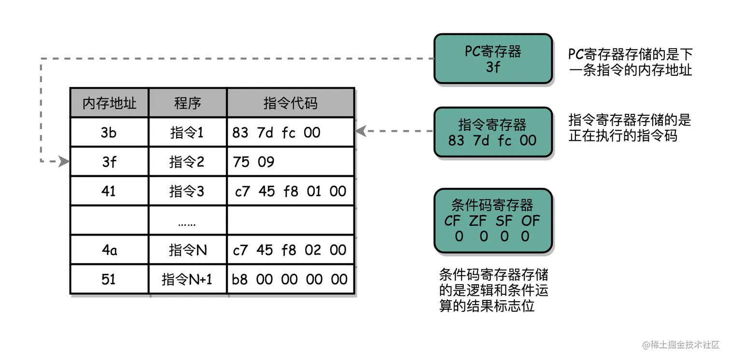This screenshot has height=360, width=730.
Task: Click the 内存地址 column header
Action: [x=110, y=103]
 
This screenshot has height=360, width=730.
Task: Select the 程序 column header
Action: [x=188, y=103]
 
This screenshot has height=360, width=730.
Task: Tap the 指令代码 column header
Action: [x=291, y=103]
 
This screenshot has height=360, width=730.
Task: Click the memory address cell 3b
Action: [x=109, y=133]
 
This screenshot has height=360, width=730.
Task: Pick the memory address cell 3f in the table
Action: [x=109, y=162]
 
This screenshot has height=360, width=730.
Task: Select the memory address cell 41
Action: [x=109, y=192]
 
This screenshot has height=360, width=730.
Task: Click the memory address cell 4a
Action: [x=109, y=250]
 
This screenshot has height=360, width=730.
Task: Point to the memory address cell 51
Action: [x=109, y=279]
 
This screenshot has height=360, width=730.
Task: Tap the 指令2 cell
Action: [x=187, y=162]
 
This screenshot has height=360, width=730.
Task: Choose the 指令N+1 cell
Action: [x=187, y=279]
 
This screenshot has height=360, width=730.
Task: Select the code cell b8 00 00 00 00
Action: [x=290, y=279]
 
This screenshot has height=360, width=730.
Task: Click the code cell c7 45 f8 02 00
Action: [x=290, y=250]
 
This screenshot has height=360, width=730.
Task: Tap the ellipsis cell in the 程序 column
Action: [x=187, y=221]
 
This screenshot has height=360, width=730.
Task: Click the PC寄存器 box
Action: [x=493, y=59]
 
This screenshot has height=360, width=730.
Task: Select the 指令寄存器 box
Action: [x=493, y=132]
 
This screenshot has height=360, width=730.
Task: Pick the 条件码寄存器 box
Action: [x=493, y=221]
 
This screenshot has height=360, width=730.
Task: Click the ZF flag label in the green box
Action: [x=478, y=221]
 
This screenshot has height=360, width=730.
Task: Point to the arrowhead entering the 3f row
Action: [x=64, y=162]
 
